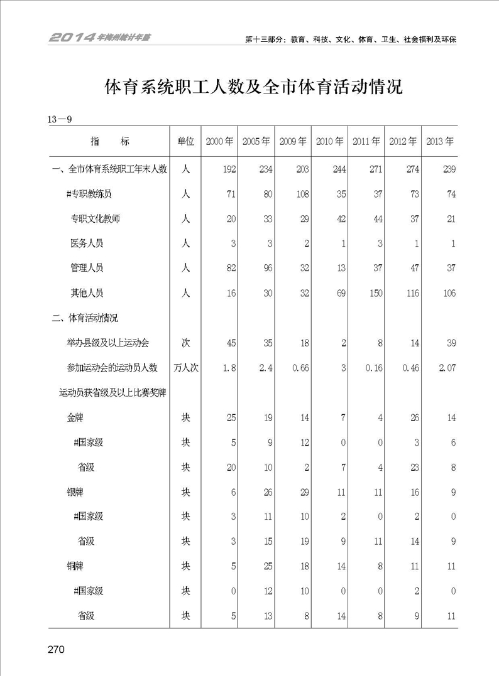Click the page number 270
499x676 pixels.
[56, 649]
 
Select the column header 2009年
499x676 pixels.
[293, 141]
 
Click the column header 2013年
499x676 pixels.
[440, 141]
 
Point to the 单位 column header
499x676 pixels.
[185, 141]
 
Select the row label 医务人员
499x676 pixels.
[87, 243]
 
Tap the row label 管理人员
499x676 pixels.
[87, 268]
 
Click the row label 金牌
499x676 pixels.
[75, 417]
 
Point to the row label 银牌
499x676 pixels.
[75, 492]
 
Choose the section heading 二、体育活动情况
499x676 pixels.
[85, 318]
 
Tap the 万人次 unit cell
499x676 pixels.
[185, 368]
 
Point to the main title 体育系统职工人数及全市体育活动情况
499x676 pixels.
[253, 87]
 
